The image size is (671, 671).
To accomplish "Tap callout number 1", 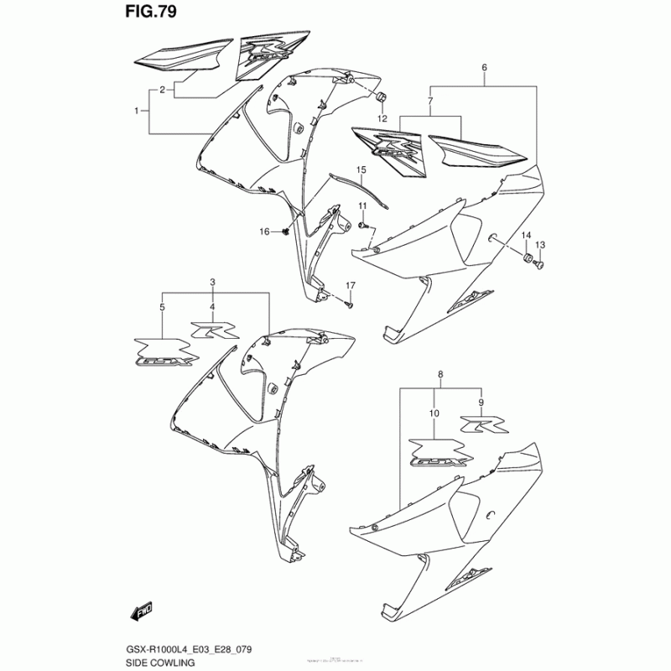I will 137,111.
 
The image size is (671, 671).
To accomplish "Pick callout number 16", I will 264,231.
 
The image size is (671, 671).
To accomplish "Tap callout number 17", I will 351,285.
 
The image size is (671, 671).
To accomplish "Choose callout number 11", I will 363,206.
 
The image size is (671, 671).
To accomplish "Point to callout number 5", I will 162,309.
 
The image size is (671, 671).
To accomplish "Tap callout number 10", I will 434,414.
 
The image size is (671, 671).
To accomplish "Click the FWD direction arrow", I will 136,614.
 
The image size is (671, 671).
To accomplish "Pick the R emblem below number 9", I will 482,424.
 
